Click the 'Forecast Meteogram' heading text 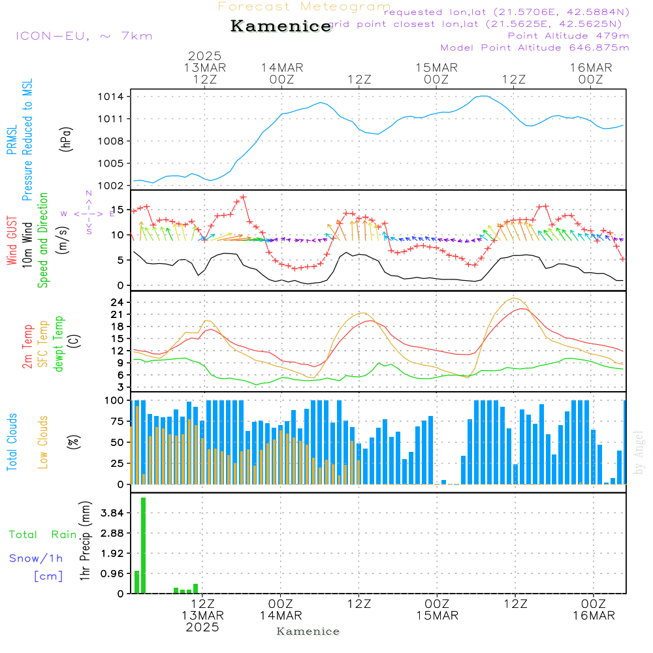(304, 7)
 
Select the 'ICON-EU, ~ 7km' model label (84, 35)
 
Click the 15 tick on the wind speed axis (118, 210)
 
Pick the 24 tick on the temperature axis (118, 302)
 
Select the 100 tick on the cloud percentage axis (115, 400)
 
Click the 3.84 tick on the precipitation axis (112, 513)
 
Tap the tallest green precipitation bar (143, 545)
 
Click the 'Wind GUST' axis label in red (12, 242)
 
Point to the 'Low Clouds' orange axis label (43, 442)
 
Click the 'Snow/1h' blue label (36, 558)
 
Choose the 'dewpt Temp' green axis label (59, 343)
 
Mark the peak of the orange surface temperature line (515, 298)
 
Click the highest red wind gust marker (243, 197)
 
